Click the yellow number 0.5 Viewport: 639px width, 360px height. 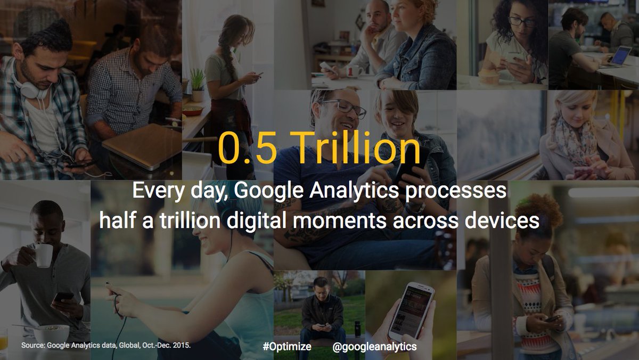click(x=247, y=149)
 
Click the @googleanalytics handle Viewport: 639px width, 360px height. click(x=374, y=346)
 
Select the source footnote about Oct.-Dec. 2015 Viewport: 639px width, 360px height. click(x=106, y=346)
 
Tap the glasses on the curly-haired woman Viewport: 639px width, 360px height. click(x=521, y=21)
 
